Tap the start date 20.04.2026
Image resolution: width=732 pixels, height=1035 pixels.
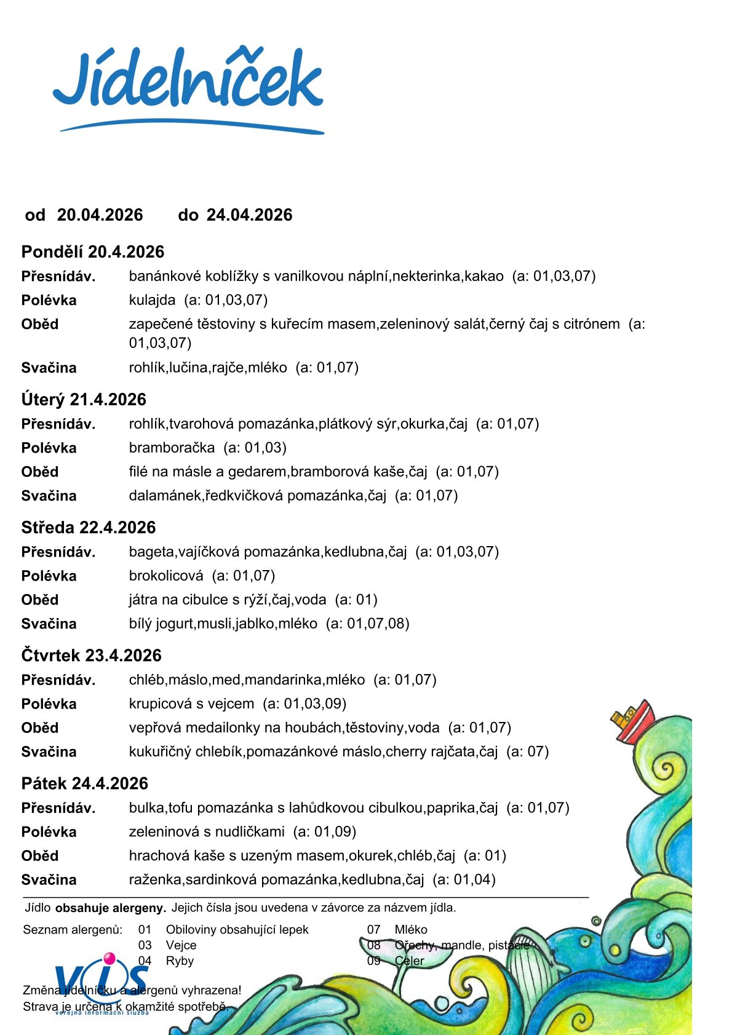[x=100, y=215]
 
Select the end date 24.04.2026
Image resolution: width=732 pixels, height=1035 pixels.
[x=249, y=215]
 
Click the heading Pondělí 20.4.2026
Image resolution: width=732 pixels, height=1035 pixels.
[x=93, y=252]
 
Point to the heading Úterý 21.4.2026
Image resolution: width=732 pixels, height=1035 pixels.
[x=84, y=400]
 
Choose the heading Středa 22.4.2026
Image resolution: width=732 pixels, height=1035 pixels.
[x=89, y=528]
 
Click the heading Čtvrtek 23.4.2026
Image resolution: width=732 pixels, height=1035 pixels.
[x=91, y=656]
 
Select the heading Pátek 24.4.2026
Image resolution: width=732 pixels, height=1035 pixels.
[x=85, y=783]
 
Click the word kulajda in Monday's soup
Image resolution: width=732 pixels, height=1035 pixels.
[x=152, y=300]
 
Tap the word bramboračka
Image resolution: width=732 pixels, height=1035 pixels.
[x=172, y=448]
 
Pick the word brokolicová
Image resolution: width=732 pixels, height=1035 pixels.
[x=166, y=576]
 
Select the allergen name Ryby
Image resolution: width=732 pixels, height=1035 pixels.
[x=180, y=961]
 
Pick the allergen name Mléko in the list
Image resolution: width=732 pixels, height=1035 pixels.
[x=411, y=929]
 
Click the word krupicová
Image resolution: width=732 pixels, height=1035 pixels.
[x=161, y=704]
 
